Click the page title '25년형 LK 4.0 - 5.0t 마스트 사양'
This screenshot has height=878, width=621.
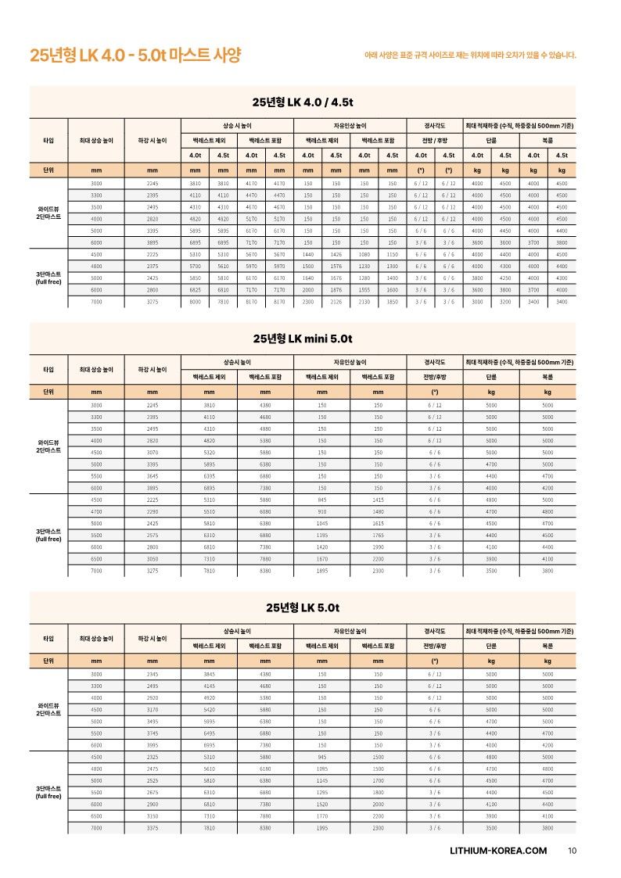point(135,56)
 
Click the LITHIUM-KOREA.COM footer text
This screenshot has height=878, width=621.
point(498,851)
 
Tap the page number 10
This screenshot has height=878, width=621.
point(572,851)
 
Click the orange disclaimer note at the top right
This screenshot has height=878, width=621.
point(470,56)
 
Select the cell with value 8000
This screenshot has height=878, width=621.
point(196,302)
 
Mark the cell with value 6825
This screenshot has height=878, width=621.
point(196,289)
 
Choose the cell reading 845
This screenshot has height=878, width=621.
point(321,499)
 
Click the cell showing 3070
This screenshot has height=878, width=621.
point(153,452)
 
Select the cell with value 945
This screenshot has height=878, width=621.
point(321,757)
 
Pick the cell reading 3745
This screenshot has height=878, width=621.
point(153,733)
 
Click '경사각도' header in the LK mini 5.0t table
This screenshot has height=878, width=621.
point(434,362)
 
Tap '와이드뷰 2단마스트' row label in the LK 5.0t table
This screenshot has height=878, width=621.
point(48,709)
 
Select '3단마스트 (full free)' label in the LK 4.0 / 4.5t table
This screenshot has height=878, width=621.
point(48,278)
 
